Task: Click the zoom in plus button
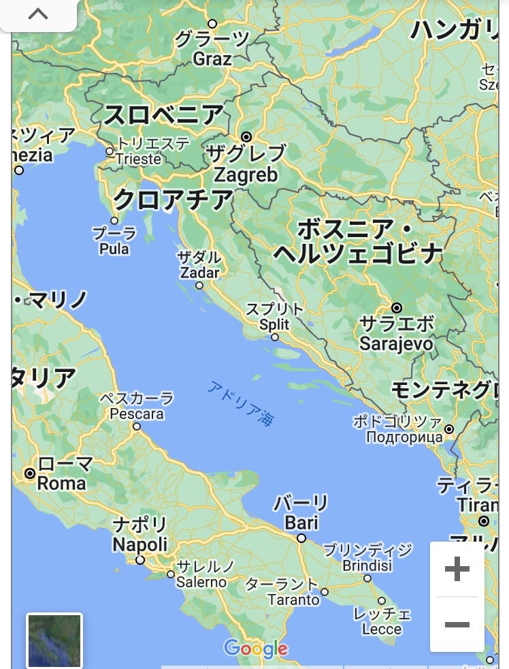click(457, 569)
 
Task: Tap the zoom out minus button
click(457, 624)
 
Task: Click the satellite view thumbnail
click(54, 640)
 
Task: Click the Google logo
click(256, 649)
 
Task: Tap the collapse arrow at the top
click(38, 14)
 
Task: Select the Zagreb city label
click(246, 175)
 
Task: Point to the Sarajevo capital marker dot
click(397, 308)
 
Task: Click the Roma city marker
click(30, 473)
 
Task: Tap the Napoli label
click(139, 544)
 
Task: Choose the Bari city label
click(301, 523)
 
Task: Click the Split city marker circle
click(275, 337)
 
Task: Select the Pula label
click(114, 249)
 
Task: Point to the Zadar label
click(199, 273)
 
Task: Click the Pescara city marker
click(137, 426)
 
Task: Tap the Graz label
click(212, 59)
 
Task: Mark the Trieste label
click(138, 159)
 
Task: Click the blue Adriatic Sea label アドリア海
click(242, 403)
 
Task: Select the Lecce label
click(382, 629)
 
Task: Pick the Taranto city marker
click(325, 591)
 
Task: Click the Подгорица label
click(404, 437)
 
